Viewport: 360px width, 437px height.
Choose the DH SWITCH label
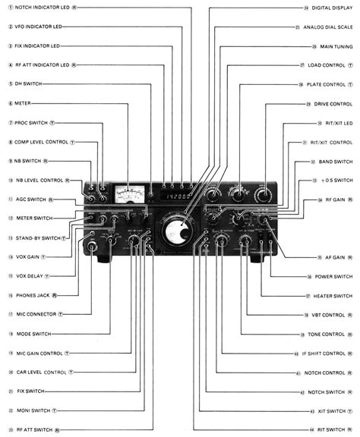point(28,84)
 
